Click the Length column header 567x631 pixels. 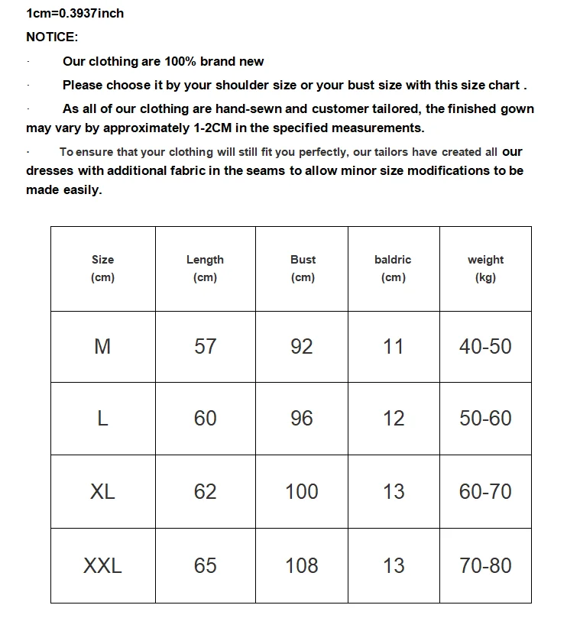tap(205, 268)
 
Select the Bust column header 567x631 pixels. tap(303, 268)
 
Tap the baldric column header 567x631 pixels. tap(393, 268)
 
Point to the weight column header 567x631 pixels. tap(485, 268)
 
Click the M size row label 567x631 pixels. tap(102, 347)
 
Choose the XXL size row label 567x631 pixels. tap(102, 566)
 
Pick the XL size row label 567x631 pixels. tap(102, 492)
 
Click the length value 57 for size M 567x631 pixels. tap(205, 347)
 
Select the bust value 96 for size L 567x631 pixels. tap(302, 419)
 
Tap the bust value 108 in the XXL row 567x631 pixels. tap(302, 566)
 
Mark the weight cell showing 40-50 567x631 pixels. tap(485, 347)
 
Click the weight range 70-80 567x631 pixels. tap(485, 566)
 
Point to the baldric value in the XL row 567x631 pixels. tap(394, 492)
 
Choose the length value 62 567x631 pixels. tap(205, 492)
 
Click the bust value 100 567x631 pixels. tap(302, 492)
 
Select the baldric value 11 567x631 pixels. tap(394, 347)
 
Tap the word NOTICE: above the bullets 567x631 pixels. tap(52, 37)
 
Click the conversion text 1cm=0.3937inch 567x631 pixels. tap(75, 13)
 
